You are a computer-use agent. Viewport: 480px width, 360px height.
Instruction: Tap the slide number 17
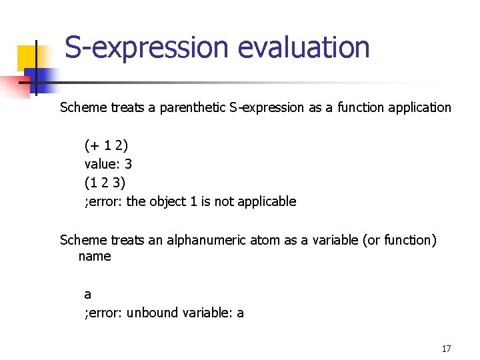[446, 349]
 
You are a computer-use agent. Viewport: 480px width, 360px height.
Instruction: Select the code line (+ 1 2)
[106, 145]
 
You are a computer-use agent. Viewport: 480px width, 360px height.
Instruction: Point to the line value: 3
[108, 163]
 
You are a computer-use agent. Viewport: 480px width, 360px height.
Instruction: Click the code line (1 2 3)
[105, 182]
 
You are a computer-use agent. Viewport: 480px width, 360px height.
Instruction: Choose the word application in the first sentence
[417, 107]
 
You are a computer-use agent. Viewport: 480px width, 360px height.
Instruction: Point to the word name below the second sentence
[95, 256]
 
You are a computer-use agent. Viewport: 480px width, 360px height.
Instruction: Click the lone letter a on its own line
[88, 294]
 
